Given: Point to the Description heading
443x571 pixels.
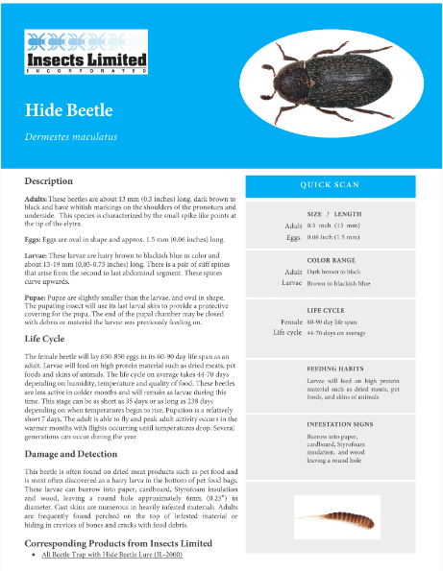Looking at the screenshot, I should click(x=49, y=180).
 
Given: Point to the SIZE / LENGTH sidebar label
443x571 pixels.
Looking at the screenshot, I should click(x=333, y=214).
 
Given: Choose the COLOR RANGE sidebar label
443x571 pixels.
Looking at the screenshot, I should click(x=332, y=260).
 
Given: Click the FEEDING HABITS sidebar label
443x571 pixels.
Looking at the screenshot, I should click(x=334, y=369).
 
